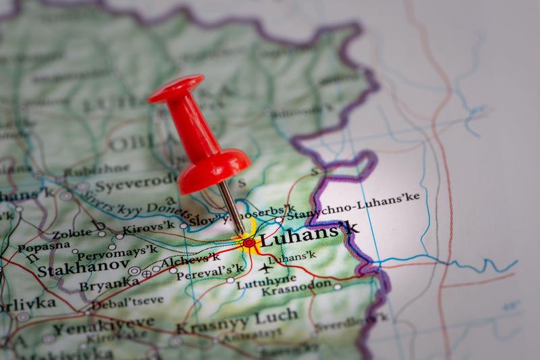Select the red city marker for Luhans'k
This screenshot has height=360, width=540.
pyautogui.click(x=248, y=242)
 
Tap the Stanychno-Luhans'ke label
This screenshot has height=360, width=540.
pyautogui.click(x=353, y=205)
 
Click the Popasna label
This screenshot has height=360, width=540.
pyautogui.click(x=44, y=247)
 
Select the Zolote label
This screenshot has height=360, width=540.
pyautogui.click(x=72, y=233)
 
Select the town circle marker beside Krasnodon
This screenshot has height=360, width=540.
pyautogui.click(x=337, y=287)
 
